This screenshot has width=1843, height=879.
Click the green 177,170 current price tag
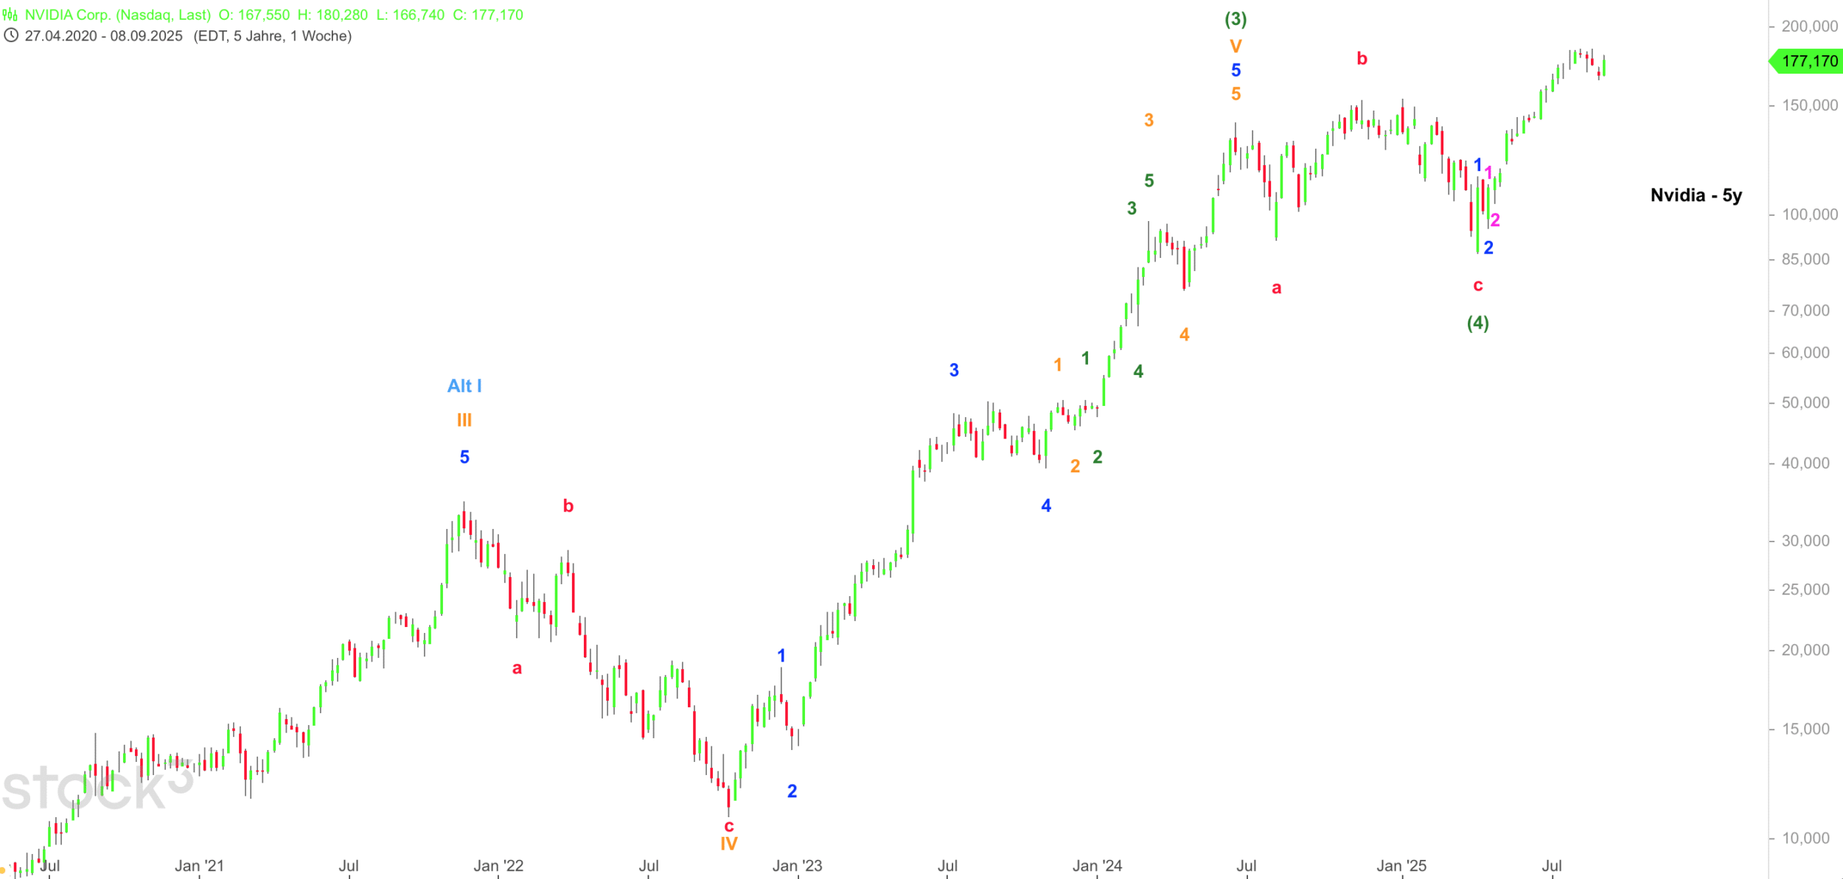[x=1809, y=61]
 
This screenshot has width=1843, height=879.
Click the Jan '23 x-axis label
[x=797, y=866]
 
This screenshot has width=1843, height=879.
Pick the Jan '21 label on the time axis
[x=199, y=866]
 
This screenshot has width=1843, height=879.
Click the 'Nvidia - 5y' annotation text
[x=1696, y=195]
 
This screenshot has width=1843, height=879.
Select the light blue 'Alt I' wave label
[x=464, y=386]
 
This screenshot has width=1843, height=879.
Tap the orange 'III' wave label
[x=464, y=420]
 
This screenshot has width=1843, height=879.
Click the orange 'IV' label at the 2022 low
[x=729, y=844]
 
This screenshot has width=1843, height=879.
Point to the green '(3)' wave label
[x=1236, y=19]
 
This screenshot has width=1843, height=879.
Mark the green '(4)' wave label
[x=1477, y=323]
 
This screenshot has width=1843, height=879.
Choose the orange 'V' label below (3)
[x=1236, y=46]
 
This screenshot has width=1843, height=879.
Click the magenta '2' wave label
[x=1495, y=220]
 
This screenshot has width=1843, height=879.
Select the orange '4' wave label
[x=1184, y=335]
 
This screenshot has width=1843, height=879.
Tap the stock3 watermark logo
[x=96, y=787]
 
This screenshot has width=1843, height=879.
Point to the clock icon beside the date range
[x=11, y=35]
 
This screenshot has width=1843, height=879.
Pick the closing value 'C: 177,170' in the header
[x=487, y=15]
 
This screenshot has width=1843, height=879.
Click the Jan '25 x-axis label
[x=1401, y=866]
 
